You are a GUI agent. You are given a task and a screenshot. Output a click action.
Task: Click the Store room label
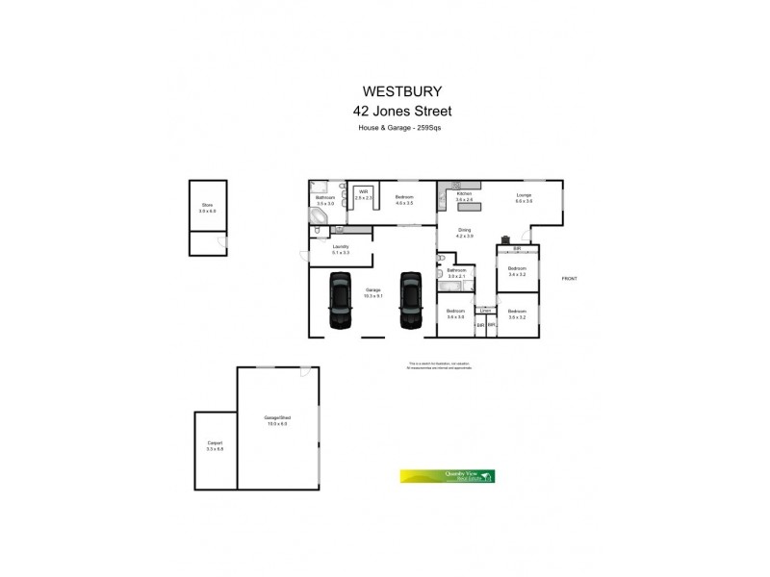(206, 204)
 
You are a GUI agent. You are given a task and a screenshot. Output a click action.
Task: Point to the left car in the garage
(341, 300)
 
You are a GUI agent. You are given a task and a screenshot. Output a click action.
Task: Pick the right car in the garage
(412, 300)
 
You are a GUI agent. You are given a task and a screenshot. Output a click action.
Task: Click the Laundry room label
(340, 246)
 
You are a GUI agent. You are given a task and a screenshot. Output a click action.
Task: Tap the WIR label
(364, 191)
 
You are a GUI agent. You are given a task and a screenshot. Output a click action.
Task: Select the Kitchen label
(465, 193)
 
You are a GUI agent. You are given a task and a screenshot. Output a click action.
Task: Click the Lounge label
(524, 195)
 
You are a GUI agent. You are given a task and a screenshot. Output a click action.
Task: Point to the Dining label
(465, 230)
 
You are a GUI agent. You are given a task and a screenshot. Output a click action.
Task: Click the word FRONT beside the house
(570, 278)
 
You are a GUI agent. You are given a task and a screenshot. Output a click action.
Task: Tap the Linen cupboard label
(486, 311)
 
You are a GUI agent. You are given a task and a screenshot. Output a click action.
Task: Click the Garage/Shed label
(277, 417)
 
